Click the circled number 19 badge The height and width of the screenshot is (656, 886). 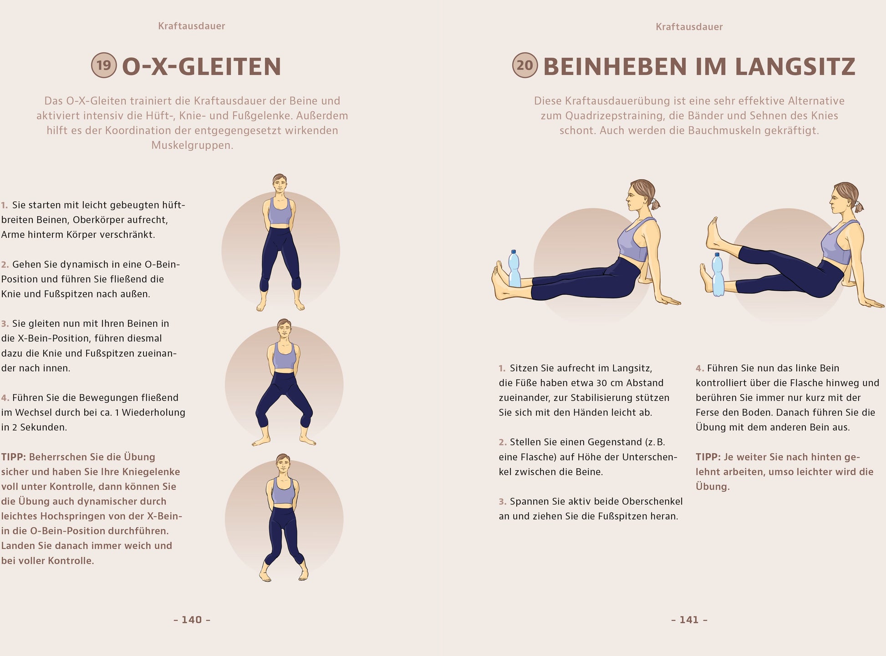[104, 65]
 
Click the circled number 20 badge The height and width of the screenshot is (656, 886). [525, 65]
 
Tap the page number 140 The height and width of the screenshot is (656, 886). [192, 620]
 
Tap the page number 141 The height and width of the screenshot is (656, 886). [689, 620]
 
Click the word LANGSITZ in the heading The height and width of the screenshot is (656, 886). [795, 67]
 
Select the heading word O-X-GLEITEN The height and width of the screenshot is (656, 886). [202, 67]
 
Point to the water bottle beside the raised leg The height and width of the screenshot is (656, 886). [718, 274]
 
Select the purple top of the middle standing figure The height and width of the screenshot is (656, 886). [284, 356]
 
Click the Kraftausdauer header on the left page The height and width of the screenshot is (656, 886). [192, 26]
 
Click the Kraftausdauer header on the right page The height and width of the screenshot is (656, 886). [689, 27]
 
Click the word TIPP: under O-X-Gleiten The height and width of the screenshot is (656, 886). [14, 457]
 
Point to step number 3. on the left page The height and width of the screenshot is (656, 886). [5, 324]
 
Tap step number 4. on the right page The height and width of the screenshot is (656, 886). [700, 368]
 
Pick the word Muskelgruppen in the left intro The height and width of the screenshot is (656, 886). [192, 145]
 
